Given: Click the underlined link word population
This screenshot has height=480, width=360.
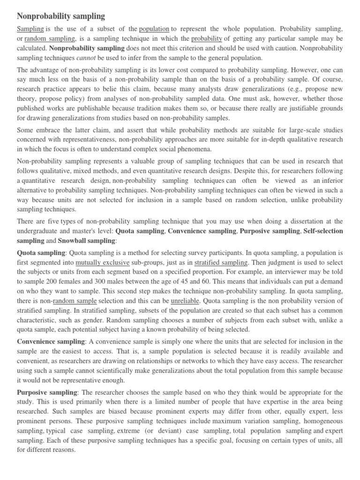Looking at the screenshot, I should (x=154, y=29).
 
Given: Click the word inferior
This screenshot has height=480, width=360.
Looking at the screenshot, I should (x=329, y=180).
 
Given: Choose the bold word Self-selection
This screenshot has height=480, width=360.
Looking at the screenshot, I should (x=323, y=231).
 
